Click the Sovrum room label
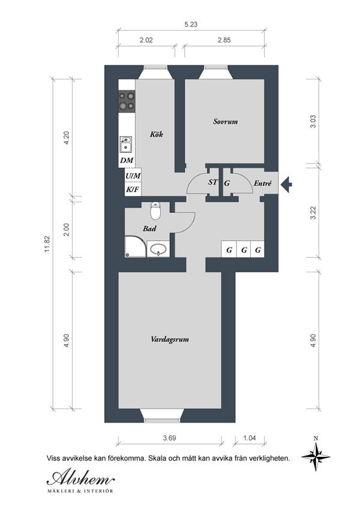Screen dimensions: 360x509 [225, 122]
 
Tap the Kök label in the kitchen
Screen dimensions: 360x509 [156, 134]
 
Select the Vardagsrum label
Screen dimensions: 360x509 [170, 339]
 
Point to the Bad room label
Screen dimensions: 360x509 [149, 228]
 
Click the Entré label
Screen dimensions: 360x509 [263, 183]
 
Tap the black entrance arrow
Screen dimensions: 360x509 [286, 185]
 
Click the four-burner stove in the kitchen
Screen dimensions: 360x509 [127, 101]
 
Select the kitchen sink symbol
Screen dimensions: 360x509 [126, 144]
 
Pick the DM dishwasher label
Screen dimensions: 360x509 [127, 160]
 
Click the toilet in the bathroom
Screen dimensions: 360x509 [155, 210]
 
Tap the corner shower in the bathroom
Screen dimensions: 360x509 [136, 246]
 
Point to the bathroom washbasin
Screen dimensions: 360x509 [158, 249]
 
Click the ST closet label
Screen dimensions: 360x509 [213, 182]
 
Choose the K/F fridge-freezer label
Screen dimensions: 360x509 [133, 190]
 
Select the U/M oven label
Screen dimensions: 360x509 [133, 176]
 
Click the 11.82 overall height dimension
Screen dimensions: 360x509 [47, 244]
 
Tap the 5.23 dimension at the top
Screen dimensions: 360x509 [191, 25]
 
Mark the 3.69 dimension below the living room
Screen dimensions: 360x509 [170, 438]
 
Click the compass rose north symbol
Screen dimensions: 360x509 [316, 456]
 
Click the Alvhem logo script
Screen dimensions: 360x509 [80, 478]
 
